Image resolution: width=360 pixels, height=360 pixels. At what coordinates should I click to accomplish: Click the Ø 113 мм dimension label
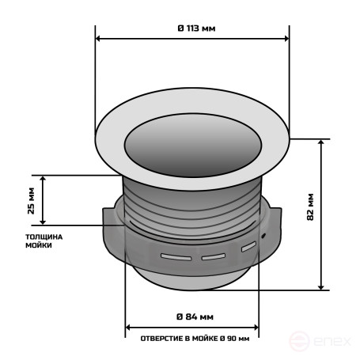click(192, 28)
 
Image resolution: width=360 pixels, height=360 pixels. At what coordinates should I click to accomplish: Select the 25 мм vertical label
click(31, 200)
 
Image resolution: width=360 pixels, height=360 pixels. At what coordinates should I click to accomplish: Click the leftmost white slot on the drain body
click(175, 256)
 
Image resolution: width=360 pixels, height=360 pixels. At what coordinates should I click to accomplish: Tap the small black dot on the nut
click(262, 236)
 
